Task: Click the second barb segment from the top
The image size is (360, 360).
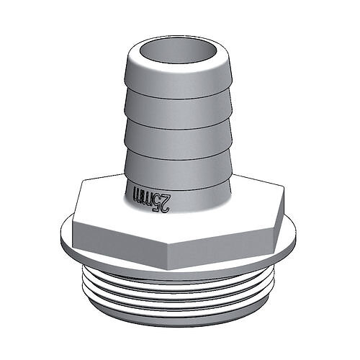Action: click(179, 109)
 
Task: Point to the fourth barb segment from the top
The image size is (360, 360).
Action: click(179, 169)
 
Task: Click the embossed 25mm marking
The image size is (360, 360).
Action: click(151, 197)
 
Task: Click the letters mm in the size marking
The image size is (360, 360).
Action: click(143, 194)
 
